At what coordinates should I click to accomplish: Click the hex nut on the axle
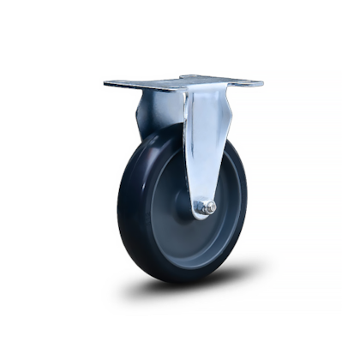(207, 207)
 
